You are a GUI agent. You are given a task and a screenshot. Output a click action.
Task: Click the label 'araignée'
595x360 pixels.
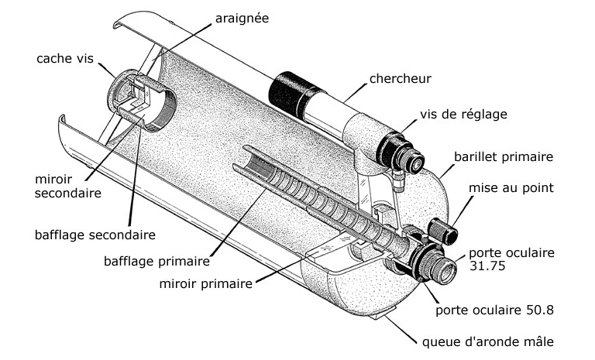tap(242, 18)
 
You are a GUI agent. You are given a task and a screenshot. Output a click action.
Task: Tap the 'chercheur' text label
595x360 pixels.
tap(401, 78)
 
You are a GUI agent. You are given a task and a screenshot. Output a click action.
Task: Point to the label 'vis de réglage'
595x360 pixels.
tap(463, 115)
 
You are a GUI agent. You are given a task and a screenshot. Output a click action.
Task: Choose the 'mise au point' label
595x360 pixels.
tap(510, 187)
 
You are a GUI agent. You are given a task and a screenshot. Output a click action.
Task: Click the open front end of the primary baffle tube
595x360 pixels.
tap(255, 162)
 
